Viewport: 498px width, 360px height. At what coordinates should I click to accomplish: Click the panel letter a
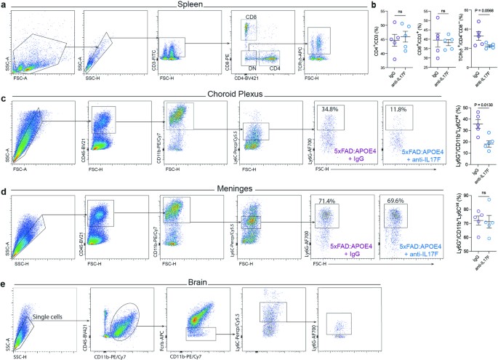click(x=5, y=5)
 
